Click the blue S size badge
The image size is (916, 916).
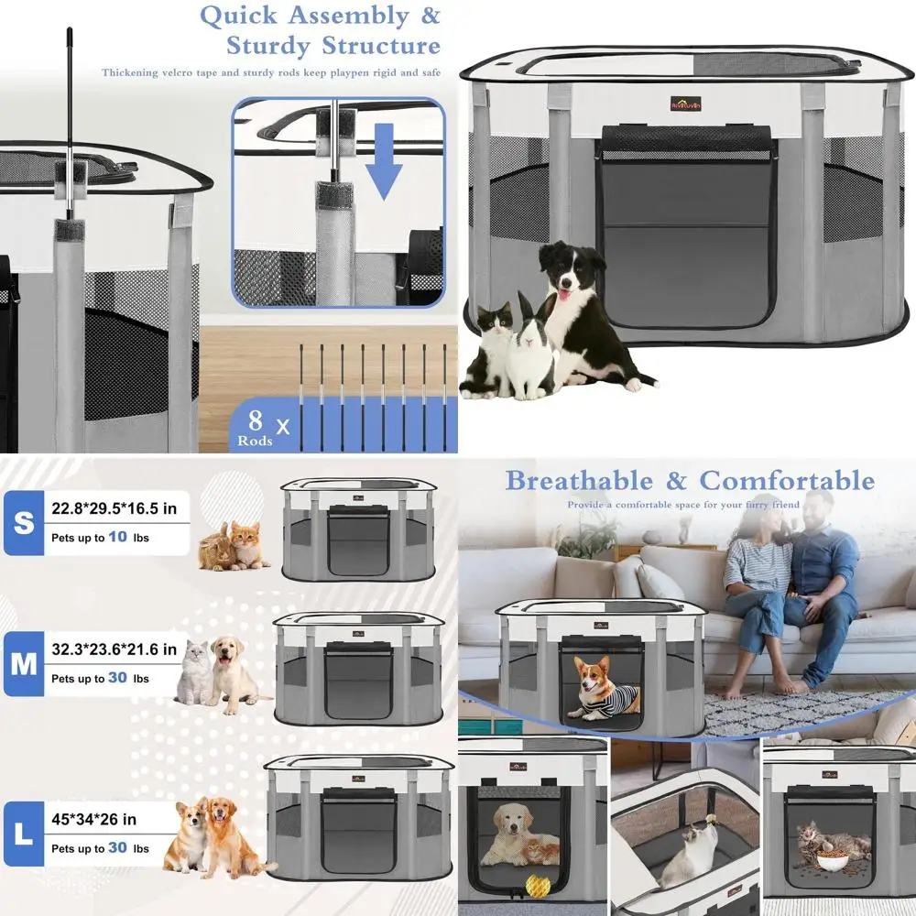click(x=23, y=523)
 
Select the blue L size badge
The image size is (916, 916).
click(x=23, y=834)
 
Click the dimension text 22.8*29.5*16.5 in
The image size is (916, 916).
click(x=114, y=507)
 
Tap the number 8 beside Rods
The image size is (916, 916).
click(x=256, y=420)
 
